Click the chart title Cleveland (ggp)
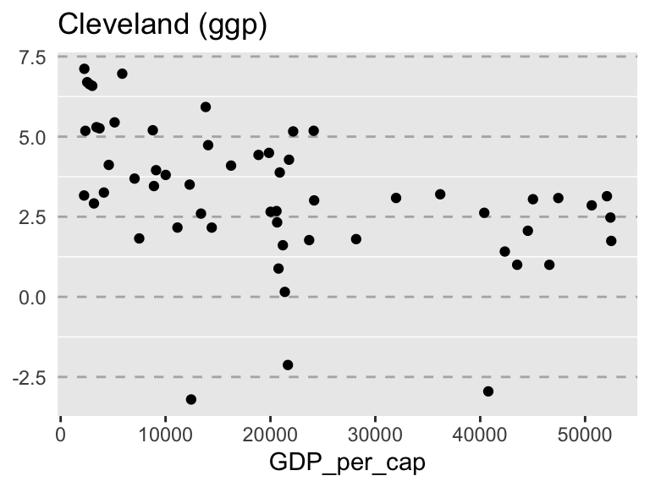(x=162, y=25)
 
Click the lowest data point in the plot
(x=191, y=399)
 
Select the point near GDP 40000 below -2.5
(x=488, y=391)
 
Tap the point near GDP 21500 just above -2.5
(x=288, y=365)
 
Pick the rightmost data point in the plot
(x=611, y=241)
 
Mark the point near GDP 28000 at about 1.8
(x=356, y=239)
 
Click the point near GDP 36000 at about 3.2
(x=440, y=194)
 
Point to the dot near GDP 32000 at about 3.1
(x=396, y=198)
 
